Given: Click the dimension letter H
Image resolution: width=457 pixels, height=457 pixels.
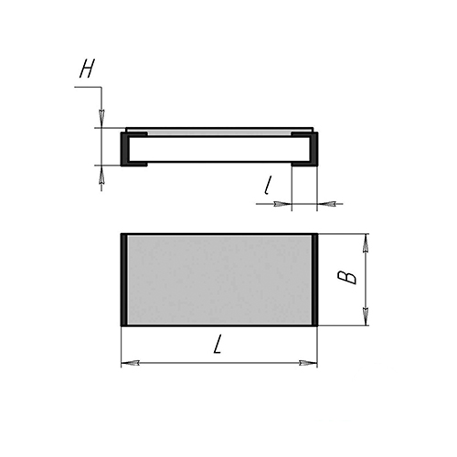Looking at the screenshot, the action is tap(87, 69).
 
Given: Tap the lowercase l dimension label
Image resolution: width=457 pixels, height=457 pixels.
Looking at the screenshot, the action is tap(267, 186).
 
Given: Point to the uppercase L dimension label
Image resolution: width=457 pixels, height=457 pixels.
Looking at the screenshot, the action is tap(218, 345).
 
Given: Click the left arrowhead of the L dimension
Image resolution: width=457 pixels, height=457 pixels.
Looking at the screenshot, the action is tap(130, 363).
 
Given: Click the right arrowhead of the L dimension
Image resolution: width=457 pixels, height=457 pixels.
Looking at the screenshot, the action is tap(308, 363).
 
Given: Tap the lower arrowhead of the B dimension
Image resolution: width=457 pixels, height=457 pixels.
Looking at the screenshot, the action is tap(366, 316).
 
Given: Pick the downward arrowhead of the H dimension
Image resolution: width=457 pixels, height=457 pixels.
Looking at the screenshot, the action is tap(101, 119).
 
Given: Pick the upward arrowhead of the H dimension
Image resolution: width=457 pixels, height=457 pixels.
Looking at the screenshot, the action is tap(101, 175).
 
